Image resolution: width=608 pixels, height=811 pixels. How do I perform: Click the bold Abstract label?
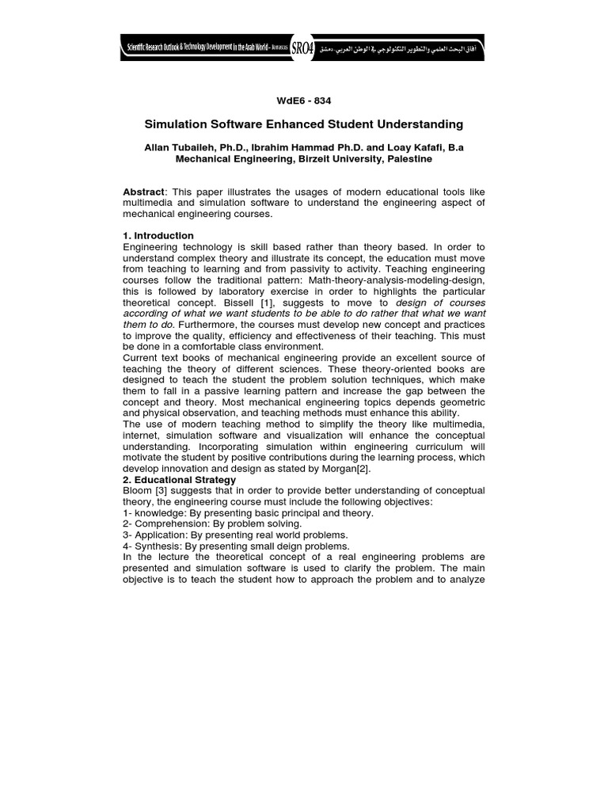click(x=145, y=192)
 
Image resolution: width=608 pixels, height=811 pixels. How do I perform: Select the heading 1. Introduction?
click(x=158, y=236)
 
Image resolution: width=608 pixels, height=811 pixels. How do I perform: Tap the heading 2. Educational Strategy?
click(x=179, y=480)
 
